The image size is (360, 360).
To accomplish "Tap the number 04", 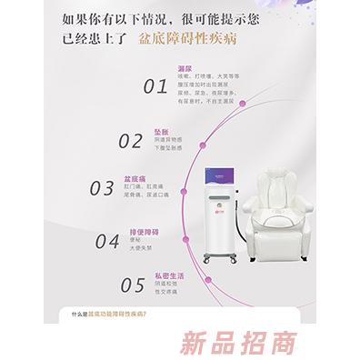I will pos(108,241).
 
